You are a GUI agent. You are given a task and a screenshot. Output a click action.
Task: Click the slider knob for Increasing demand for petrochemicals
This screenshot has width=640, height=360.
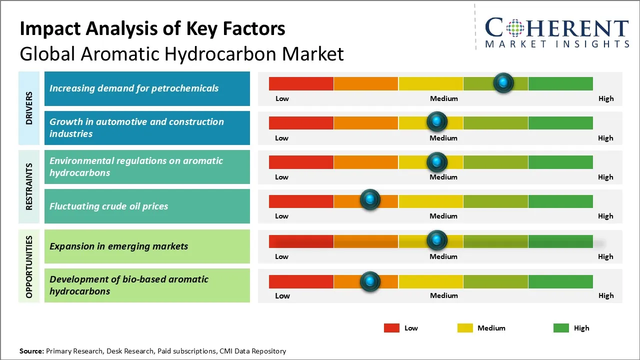point(503,82)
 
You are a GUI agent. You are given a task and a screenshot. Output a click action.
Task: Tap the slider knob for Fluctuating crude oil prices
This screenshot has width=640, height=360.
point(370,200)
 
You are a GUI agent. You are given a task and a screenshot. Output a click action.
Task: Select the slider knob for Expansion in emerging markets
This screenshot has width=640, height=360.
point(437,240)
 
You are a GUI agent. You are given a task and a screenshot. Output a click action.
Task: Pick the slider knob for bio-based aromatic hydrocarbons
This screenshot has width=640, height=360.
point(370,281)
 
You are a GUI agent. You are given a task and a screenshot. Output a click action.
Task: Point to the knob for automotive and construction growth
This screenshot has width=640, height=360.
point(437,121)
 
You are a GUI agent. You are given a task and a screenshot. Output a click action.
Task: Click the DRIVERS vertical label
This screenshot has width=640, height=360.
point(29,107)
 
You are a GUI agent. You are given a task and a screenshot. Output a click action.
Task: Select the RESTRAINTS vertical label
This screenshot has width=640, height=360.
point(29,186)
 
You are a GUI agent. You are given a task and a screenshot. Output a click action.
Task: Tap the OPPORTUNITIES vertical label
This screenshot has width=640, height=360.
point(29,267)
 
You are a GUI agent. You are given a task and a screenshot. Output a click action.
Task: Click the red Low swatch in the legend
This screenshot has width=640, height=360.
point(391,328)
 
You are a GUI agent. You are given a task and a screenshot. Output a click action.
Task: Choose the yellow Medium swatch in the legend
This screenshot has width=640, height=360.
point(465,328)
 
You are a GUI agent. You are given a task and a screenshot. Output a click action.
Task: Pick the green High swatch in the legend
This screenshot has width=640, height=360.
point(561,328)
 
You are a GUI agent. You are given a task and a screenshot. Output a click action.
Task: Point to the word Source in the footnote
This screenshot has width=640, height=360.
point(31,351)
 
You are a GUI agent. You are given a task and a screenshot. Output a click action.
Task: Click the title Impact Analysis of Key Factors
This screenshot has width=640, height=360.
point(152,28)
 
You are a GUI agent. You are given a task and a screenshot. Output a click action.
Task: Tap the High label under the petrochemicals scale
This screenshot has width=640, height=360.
point(606,98)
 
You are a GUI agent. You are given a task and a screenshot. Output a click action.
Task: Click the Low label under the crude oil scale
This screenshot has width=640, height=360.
point(281,216)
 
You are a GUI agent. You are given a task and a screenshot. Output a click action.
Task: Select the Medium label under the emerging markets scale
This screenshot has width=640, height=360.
point(443,256)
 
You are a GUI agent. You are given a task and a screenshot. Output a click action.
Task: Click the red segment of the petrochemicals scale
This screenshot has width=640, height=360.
point(301,83)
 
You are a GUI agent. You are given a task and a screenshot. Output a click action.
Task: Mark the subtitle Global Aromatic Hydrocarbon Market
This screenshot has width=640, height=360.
point(181,54)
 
